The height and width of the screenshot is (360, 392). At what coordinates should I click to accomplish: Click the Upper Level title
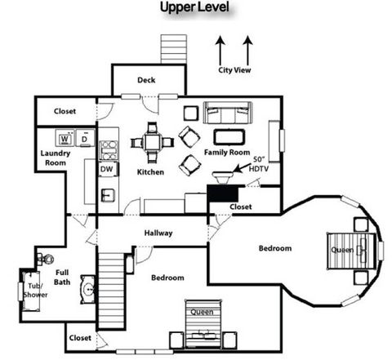194,8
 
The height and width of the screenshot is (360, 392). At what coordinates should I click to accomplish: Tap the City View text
234,70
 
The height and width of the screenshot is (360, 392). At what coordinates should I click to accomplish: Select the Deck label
146,80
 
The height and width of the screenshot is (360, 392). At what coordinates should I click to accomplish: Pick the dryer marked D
82,137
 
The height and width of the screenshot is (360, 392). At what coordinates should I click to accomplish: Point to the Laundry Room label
55,158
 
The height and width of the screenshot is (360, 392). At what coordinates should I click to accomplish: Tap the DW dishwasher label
106,169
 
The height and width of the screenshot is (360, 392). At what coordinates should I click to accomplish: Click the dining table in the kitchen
152,142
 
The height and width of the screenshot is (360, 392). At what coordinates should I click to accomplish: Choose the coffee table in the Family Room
229,136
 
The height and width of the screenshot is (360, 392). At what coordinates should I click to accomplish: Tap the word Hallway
158,233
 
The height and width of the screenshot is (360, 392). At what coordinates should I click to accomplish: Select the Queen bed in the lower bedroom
200,327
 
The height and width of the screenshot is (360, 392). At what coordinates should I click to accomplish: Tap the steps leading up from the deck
173,48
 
